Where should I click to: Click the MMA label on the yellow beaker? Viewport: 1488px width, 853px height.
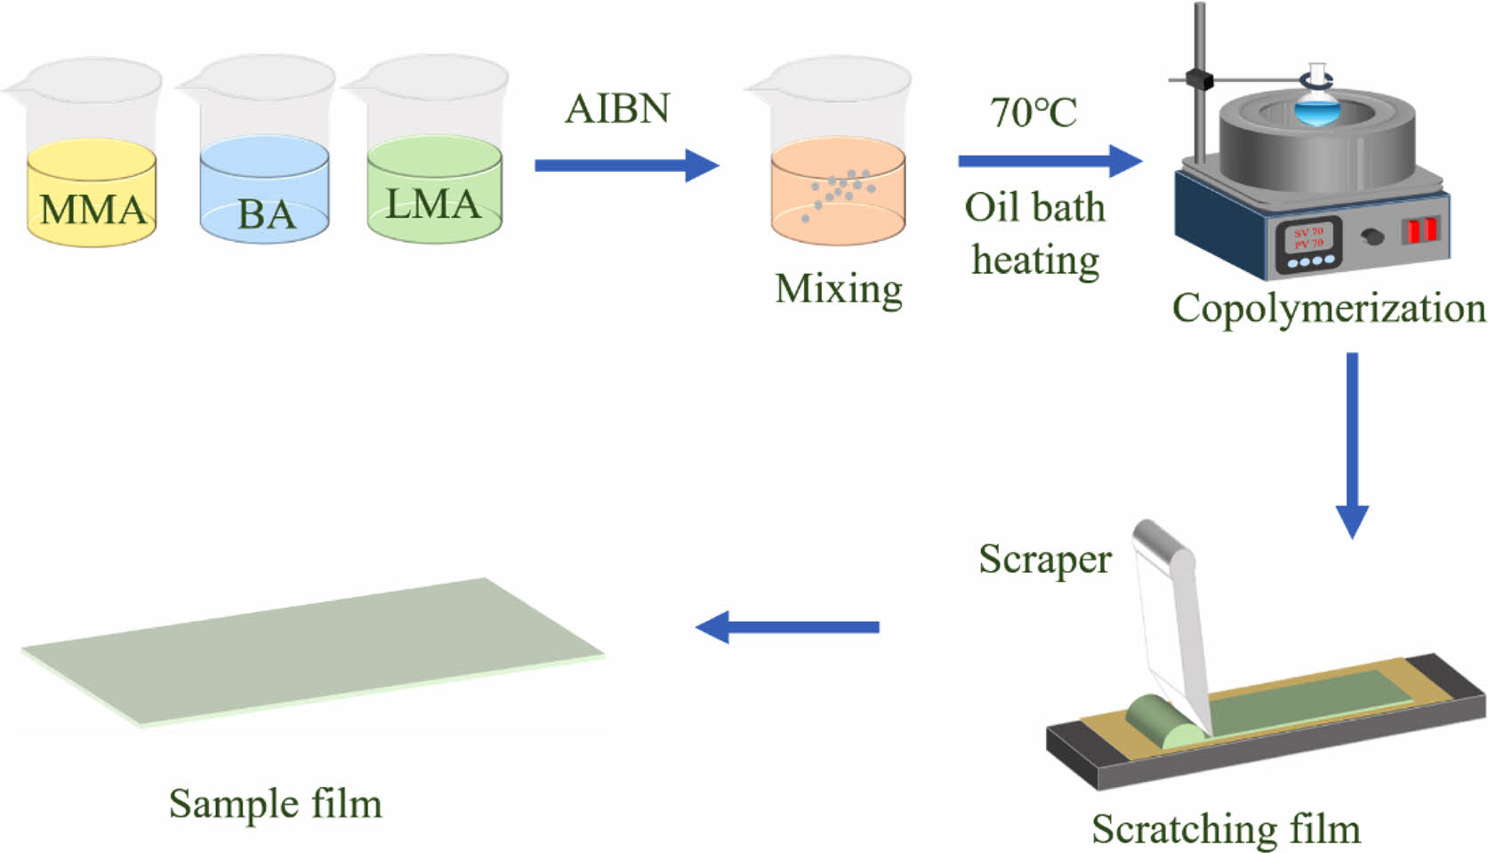(92, 210)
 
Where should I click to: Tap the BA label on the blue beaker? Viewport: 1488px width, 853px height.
(266, 214)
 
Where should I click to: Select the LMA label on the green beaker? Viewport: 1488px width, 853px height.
(433, 204)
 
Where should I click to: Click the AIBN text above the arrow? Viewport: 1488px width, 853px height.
(617, 109)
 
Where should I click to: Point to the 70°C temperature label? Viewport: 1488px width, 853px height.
(1034, 113)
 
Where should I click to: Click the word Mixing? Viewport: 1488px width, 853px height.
(838, 288)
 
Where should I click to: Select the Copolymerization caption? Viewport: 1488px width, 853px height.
(1329, 308)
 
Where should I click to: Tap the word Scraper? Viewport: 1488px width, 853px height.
(1045, 559)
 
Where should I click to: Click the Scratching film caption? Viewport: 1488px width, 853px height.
(1226, 829)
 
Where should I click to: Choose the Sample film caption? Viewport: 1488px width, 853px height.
(275, 804)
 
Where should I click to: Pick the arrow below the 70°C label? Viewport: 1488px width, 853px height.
(1050, 161)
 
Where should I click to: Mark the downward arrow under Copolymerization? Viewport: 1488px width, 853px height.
(1352, 445)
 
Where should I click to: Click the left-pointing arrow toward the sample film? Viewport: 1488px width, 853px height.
(787, 627)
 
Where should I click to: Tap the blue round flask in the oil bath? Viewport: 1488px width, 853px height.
(1316, 112)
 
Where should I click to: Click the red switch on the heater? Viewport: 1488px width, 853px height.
(1420, 229)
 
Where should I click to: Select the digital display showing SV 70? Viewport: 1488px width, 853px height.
(1308, 237)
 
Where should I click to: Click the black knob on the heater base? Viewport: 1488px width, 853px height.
(1373, 237)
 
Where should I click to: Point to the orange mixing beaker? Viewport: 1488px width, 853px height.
(838, 191)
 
